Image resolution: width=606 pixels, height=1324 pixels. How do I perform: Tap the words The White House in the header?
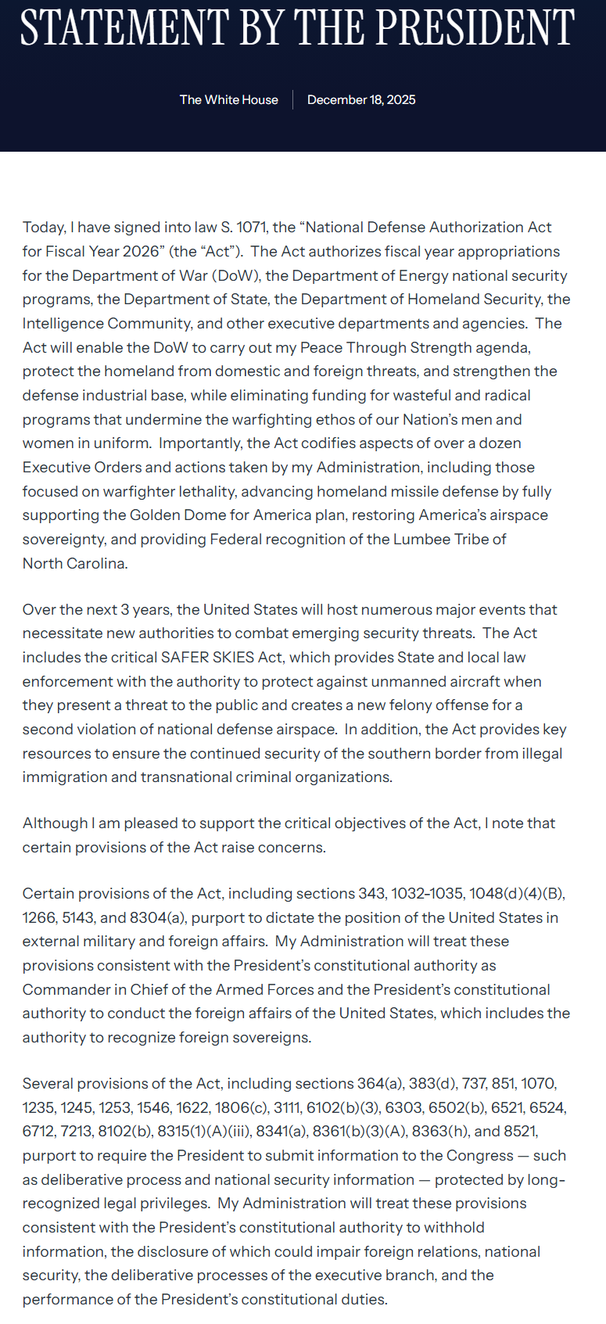pos(228,100)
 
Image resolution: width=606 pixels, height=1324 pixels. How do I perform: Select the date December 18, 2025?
pos(361,100)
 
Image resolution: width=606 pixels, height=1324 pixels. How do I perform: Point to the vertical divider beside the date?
pos(293,100)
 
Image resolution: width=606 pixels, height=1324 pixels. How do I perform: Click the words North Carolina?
pos(74,564)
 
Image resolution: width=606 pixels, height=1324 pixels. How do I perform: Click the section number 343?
pos(372,894)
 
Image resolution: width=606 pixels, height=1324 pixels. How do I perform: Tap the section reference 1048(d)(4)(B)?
pos(517,894)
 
